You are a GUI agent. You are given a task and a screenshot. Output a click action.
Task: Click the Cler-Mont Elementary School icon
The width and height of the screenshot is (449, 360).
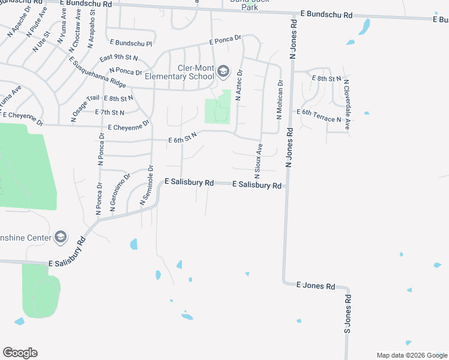coord(223,72)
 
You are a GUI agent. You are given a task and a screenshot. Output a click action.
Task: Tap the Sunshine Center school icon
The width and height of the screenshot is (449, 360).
coord(60,237)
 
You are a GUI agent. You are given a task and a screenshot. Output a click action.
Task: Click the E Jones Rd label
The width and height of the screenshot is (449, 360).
coord(316,287)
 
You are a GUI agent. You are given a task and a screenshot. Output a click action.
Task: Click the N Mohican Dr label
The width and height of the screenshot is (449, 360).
coord(279,99)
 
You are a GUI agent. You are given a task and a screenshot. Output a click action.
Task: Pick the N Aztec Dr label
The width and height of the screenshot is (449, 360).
coord(238,85)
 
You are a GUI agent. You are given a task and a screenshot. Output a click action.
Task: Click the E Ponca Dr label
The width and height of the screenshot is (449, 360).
coord(225,40)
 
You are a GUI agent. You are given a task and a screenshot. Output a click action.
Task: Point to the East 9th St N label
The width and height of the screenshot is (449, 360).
coord(119,58)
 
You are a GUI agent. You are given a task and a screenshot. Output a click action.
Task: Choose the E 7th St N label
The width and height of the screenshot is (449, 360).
coord(110,112)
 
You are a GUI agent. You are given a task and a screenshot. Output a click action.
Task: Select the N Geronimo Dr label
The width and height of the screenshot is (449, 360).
coord(120,194)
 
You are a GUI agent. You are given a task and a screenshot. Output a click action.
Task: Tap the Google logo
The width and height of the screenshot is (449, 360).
coord(20,353)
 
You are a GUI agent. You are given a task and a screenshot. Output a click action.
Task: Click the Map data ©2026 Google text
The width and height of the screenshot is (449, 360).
coord(412,355)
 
